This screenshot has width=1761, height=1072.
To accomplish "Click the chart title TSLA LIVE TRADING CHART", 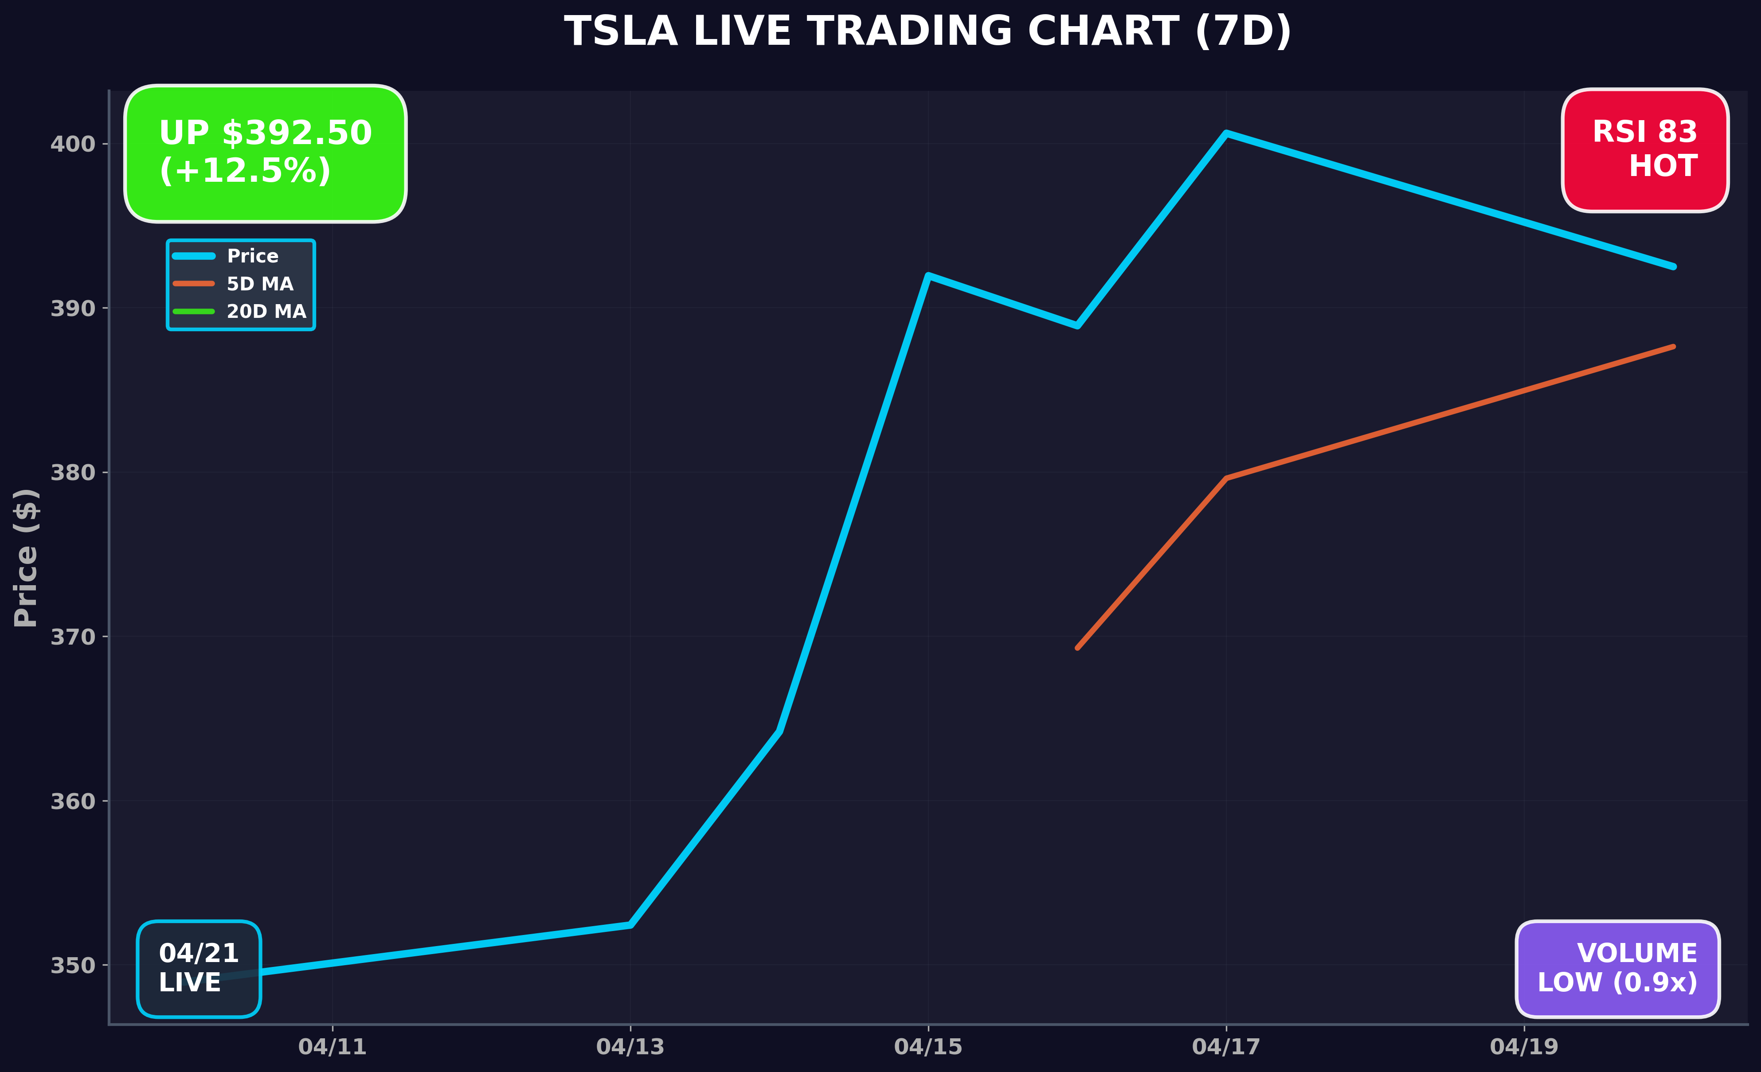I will (x=927, y=32).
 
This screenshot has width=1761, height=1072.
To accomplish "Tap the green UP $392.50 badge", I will (x=265, y=153).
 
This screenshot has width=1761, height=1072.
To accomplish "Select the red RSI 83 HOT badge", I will (x=1644, y=150).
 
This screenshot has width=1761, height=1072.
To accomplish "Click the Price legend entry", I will (x=252, y=256).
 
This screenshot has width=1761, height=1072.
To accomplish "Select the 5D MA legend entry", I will (x=259, y=284).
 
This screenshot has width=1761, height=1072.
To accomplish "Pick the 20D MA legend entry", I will (x=266, y=312).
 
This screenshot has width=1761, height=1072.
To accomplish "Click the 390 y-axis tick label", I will (x=72, y=309).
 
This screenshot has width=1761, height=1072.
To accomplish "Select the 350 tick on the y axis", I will (x=72, y=966).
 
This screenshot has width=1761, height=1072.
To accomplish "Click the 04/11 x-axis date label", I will (x=333, y=1047).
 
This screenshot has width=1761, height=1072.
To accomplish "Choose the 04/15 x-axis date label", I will (x=927, y=1047).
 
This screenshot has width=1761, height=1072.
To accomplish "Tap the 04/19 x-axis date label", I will (x=1524, y=1047).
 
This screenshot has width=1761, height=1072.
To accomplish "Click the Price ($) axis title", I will (x=26, y=557).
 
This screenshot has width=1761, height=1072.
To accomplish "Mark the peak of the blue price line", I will (x=1226, y=133).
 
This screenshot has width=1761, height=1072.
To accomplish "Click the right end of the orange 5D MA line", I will (x=1673, y=347).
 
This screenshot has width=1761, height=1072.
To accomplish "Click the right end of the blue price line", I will (x=1673, y=266).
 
